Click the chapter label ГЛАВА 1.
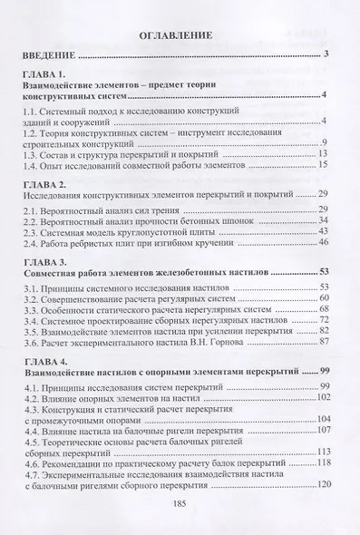[53, 73]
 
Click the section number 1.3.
[36, 155]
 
